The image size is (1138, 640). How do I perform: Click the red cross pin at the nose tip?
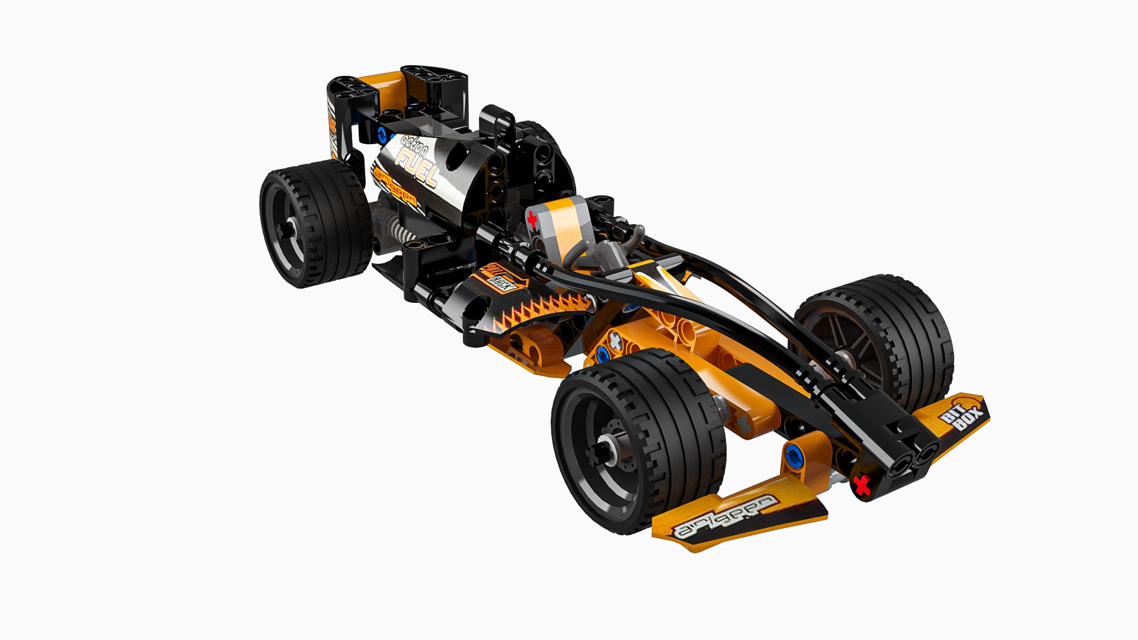click(863, 486)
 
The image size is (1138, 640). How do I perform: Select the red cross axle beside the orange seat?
click(532, 221)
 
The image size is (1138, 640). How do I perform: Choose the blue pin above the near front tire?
click(603, 356)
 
